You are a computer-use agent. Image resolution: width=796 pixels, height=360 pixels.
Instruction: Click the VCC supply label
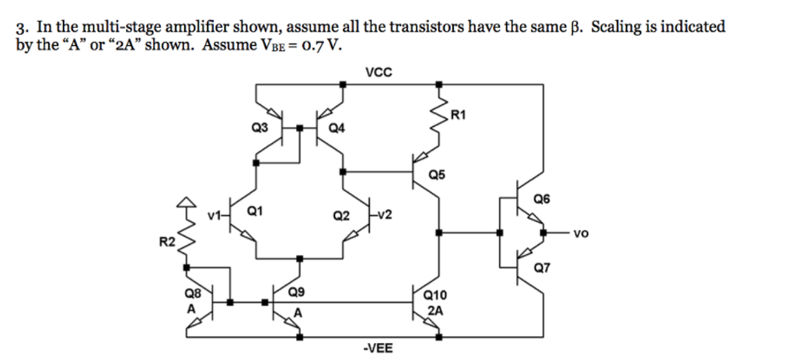379,72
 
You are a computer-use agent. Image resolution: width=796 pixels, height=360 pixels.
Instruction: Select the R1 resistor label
458,116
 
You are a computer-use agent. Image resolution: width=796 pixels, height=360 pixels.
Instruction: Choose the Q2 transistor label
340,215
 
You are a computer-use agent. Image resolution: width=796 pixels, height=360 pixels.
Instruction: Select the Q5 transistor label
437,176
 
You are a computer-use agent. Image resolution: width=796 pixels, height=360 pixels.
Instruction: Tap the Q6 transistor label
541,199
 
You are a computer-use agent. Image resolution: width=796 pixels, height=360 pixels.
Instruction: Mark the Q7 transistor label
541,269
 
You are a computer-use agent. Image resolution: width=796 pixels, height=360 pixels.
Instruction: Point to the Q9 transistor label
296,293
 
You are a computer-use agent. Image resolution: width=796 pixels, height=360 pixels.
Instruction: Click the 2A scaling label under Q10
436,309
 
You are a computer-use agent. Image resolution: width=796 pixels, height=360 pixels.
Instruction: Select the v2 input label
383,215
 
